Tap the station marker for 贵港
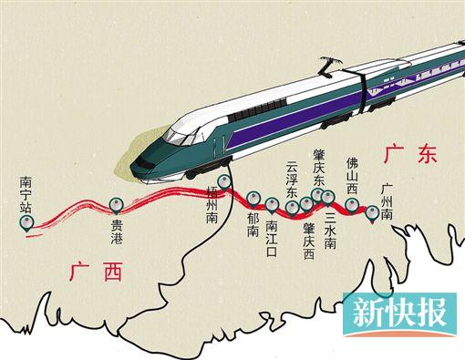[x=116, y=205]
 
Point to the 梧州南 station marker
[x=224, y=180]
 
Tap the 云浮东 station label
[x=292, y=180]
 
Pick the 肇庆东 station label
[x=318, y=169]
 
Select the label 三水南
[x=330, y=232]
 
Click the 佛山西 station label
[x=352, y=173]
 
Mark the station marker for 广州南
[x=372, y=212]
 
